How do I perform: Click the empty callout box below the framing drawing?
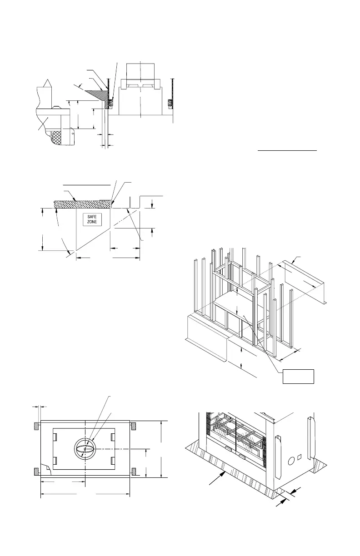(298, 376)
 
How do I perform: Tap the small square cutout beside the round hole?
(300, 457)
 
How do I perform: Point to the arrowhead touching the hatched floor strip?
(224, 473)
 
